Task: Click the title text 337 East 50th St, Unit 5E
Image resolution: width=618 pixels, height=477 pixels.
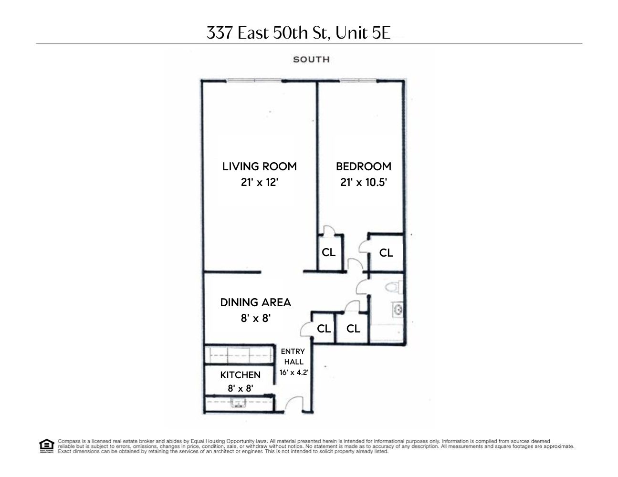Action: click(299, 32)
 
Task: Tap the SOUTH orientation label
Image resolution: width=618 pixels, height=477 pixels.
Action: click(311, 60)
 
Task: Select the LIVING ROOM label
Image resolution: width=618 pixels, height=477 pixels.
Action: click(259, 166)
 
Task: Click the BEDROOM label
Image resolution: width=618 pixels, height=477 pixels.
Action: click(363, 166)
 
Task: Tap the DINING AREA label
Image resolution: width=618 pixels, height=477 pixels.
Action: click(255, 302)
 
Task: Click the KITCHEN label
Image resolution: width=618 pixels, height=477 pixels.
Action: click(240, 375)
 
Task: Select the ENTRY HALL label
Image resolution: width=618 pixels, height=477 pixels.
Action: click(293, 357)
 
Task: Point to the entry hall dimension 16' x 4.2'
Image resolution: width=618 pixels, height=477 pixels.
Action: click(293, 373)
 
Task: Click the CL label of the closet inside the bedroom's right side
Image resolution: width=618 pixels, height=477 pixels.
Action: click(386, 253)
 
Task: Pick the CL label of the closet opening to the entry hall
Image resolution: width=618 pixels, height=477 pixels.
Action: click(324, 329)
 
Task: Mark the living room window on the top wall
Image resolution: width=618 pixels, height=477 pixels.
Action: click(254, 81)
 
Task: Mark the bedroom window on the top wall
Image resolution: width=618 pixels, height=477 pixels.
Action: click(358, 81)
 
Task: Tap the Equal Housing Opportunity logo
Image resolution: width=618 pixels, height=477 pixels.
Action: click(46, 446)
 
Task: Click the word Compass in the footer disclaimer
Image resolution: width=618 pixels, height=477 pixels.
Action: click(67, 441)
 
